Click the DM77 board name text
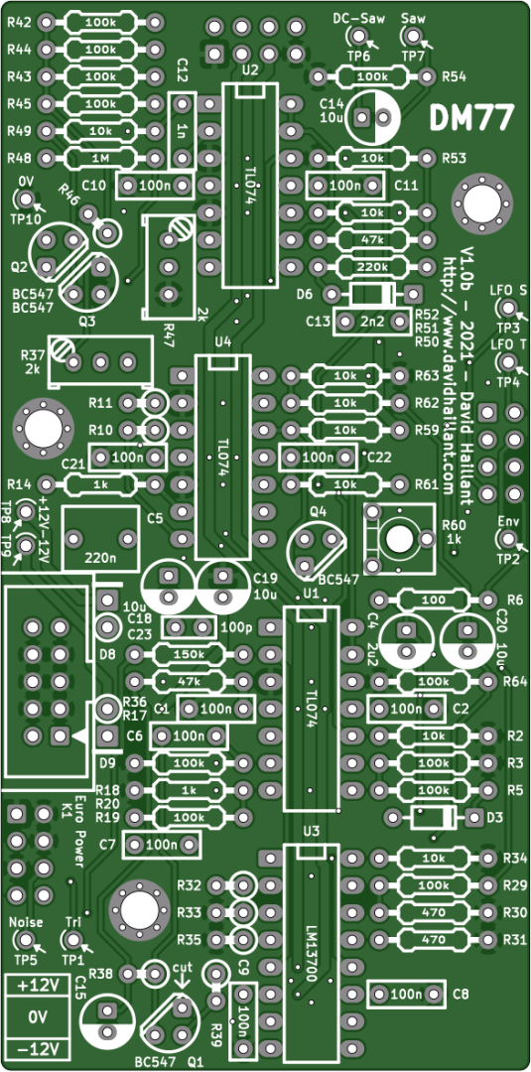(x=470, y=117)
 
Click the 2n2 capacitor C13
(x=372, y=322)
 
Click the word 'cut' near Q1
(x=183, y=968)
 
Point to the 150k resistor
(x=189, y=654)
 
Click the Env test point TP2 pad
(x=507, y=539)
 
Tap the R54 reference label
(x=454, y=76)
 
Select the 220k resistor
(x=372, y=267)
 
